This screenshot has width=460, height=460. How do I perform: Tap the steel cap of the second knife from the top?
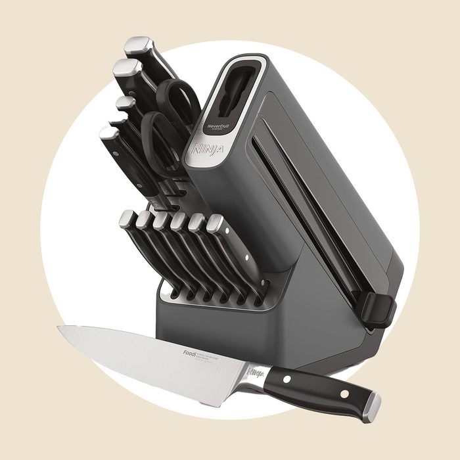pyautogui.click(x=124, y=68)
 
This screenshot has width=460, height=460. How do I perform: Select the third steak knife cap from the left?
pyautogui.click(x=162, y=221)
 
